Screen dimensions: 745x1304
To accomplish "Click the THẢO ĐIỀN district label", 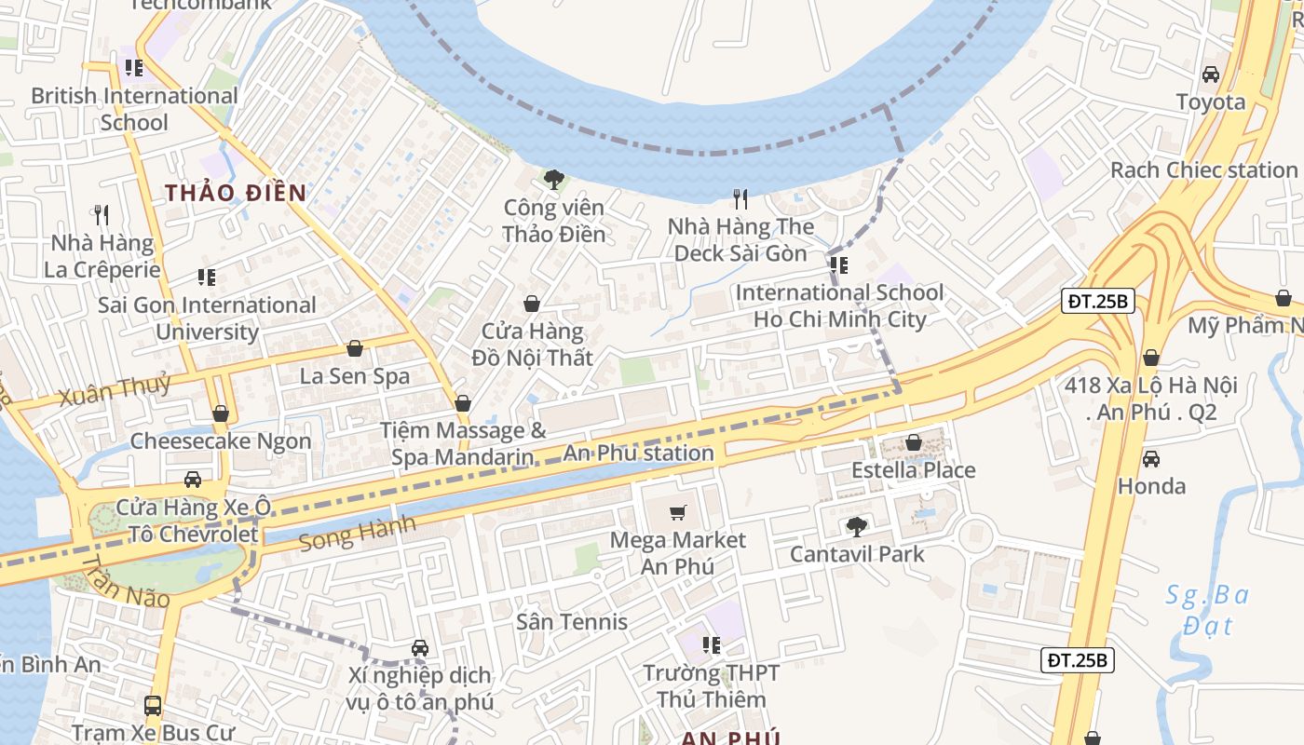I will pyautogui.click(x=236, y=193).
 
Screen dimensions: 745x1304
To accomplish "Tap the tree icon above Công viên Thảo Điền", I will pyautogui.click(x=554, y=179).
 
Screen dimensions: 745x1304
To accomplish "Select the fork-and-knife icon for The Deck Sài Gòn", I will pyautogui.click(x=740, y=198).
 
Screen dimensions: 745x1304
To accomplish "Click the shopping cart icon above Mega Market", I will pyautogui.click(x=678, y=512).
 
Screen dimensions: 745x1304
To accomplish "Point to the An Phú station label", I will pyautogui.click(x=639, y=454).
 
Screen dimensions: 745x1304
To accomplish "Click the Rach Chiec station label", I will pyautogui.click(x=1203, y=170).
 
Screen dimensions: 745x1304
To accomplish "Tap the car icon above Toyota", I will pyautogui.click(x=1211, y=74).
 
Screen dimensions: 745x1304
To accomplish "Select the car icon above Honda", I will pyautogui.click(x=1151, y=458).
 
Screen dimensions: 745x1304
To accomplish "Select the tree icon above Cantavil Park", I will pyautogui.click(x=857, y=527).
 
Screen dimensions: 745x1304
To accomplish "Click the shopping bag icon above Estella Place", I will pyautogui.click(x=914, y=442).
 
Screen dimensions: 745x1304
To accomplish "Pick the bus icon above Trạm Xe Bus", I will pyautogui.click(x=153, y=706).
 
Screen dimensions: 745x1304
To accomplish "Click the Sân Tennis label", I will pyautogui.click(x=572, y=621).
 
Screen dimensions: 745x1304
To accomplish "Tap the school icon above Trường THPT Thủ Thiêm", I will pyautogui.click(x=712, y=644).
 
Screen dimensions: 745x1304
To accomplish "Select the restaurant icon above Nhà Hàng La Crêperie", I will pyautogui.click(x=102, y=215).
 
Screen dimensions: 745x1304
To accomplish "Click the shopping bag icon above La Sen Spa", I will pyautogui.click(x=355, y=348).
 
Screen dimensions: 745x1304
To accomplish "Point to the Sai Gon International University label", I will pyautogui.click(x=207, y=318).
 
